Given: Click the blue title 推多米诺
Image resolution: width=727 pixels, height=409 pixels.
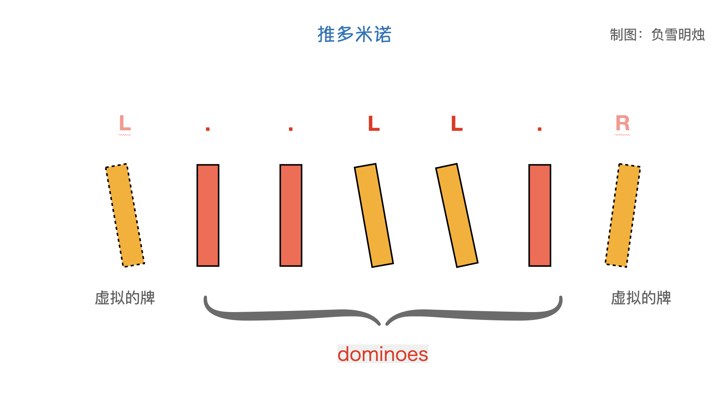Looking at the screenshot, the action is click(x=354, y=34).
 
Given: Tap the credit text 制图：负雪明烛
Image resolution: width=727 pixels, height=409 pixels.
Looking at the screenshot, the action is click(x=657, y=35).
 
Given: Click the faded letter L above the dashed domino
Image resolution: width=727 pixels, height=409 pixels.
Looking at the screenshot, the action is click(x=125, y=123).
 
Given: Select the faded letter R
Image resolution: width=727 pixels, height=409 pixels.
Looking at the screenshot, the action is click(x=622, y=123).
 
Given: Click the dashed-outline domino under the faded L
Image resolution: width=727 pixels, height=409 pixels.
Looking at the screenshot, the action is click(x=125, y=215).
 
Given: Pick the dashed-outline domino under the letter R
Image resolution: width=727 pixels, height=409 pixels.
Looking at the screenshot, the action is click(x=623, y=215).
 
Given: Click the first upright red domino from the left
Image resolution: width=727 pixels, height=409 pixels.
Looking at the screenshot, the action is click(x=208, y=215).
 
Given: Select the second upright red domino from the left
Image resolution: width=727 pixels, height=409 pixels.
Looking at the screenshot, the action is click(x=291, y=215).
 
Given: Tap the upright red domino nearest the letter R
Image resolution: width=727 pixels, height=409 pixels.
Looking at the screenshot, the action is click(x=540, y=215).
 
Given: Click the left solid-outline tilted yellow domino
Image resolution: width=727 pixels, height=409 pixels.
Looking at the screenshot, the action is click(x=374, y=215).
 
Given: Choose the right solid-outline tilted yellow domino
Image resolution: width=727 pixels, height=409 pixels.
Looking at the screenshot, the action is click(x=457, y=215).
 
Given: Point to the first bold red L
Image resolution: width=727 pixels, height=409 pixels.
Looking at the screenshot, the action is click(x=374, y=123).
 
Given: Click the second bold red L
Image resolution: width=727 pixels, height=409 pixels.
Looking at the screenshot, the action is click(x=457, y=123).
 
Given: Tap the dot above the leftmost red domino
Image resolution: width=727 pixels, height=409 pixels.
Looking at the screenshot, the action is click(x=207, y=129).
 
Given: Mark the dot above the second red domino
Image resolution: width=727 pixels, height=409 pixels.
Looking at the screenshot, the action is click(x=291, y=129).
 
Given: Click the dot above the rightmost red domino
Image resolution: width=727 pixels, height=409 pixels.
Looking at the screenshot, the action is click(x=540, y=129).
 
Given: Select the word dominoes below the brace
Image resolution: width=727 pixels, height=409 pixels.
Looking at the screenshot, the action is click(x=382, y=354).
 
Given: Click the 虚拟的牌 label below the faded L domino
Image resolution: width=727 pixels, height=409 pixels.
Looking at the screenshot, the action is click(x=125, y=298).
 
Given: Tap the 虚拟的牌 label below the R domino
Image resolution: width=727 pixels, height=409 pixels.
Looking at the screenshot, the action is click(x=641, y=298).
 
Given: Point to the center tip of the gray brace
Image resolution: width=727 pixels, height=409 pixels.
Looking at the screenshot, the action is click(x=383, y=324).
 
